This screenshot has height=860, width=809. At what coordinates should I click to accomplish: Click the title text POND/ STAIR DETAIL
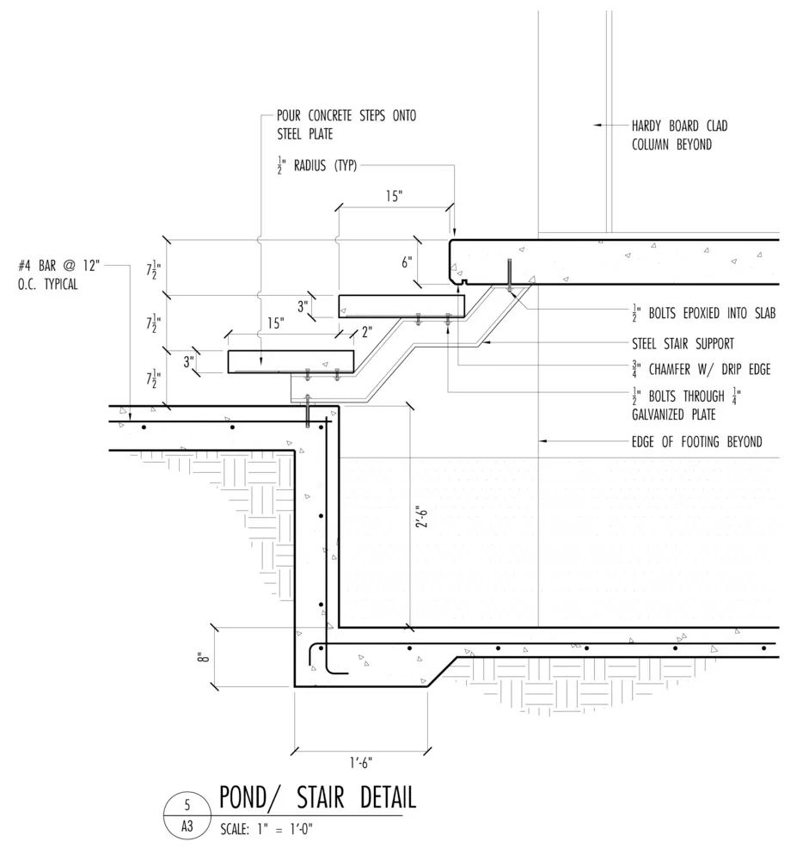[317, 797]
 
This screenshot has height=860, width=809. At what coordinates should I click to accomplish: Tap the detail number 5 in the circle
[187, 805]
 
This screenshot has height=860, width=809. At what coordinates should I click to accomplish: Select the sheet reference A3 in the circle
[187, 826]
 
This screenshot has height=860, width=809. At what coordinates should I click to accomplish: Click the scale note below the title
[266, 829]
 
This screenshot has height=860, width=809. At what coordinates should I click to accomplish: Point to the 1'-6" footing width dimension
[361, 762]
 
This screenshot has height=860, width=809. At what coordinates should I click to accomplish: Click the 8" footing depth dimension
[204, 657]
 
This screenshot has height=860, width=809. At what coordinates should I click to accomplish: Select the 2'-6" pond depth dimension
[421, 519]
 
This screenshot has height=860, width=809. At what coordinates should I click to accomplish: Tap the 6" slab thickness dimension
[407, 262]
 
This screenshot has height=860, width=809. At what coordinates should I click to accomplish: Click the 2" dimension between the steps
[367, 332]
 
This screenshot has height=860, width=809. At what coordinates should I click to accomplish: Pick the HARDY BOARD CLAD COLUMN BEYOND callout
[679, 135]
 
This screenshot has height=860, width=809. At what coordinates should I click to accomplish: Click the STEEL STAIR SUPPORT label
[683, 344]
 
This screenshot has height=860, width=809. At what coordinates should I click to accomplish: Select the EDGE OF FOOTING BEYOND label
[696, 441]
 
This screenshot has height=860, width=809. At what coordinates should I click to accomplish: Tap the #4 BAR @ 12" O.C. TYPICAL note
[58, 275]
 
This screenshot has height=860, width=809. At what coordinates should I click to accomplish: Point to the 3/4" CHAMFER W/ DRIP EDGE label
[701, 369]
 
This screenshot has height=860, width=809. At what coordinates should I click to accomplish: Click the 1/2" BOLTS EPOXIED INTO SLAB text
[704, 313]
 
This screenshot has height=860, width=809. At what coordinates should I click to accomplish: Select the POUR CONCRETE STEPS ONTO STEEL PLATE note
[346, 125]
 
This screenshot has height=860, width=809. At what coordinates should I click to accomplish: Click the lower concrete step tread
[291, 362]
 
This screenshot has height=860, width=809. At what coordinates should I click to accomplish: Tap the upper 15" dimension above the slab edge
[394, 196]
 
